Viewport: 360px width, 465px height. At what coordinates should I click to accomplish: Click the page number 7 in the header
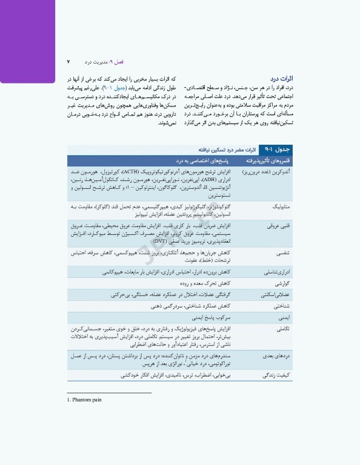click(68, 62)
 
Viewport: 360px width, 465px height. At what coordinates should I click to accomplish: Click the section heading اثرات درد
click(282, 79)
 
